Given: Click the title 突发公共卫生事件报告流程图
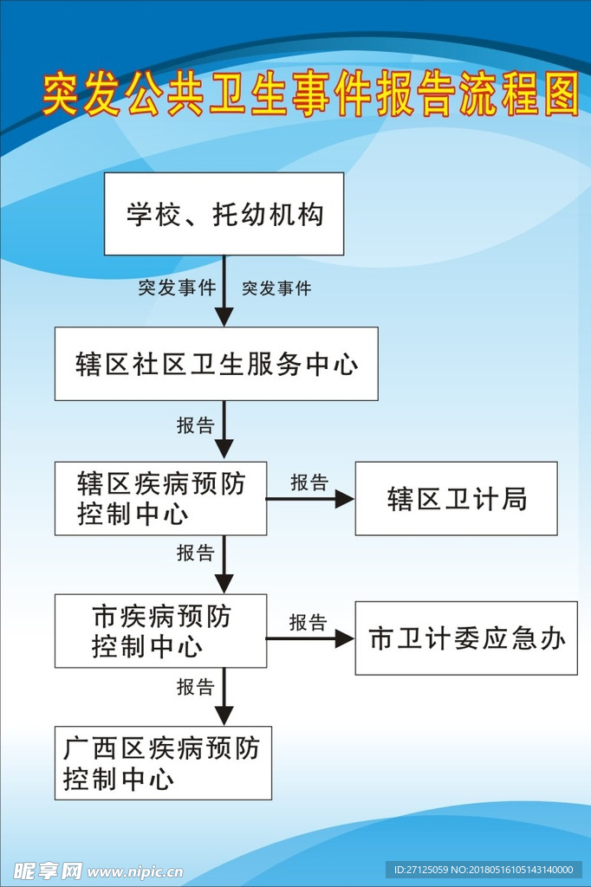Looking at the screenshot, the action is pyautogui.click(x=311, y=94).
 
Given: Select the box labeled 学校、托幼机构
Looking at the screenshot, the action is pyautogui.click(x=224, y=214).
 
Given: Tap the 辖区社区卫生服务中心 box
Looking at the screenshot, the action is pyautogui.click(x=217, y=364).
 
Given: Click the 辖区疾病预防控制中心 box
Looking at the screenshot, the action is pyautogui.click(x=161, y=498).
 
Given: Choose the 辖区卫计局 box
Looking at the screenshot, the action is pyautogui.click(x=457, y=498).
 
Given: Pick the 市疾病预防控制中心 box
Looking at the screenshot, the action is pyautogui.click(x=161, y=631).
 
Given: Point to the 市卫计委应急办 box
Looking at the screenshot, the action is pyautogui.click(x=466, y=638).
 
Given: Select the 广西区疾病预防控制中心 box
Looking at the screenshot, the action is pyautogui.click(x=163, y=763).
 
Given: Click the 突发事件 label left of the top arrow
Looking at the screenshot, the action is pyautogui.click(x=177, y=288).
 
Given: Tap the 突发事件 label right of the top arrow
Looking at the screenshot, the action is pyautogui.click(x=276, y=288).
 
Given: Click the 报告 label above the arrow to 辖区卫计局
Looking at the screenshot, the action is pyautogui.click(x=309, y=482).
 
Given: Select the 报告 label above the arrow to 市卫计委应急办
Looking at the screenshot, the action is pyautogui.click(x=308, y=622).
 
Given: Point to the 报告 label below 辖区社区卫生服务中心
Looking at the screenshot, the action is pyautogui.click(x=195, y=424).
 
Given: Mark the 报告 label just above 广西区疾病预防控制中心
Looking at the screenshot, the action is pyautogui.click(x=195, y=687).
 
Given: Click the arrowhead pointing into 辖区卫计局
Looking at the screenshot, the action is pyautogui.click(x=345, y=499).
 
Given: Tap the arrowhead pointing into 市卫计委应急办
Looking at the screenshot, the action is pyautogui.click(x=345, y=638).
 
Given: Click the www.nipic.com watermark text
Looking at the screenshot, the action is pyautogui.click(x=135, y=871).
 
